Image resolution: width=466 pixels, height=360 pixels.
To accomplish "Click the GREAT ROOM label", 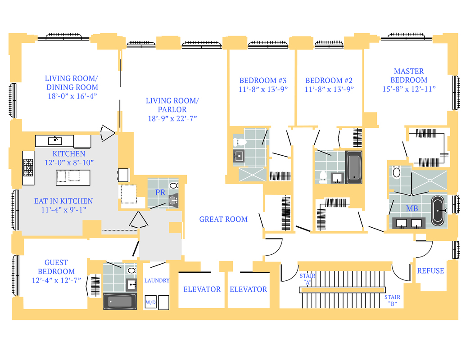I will click(x=223, y=220).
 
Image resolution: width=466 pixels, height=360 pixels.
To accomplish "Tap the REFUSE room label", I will click(x=430, y=271).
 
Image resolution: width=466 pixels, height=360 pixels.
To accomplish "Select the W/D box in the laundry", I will click(x=150, y=303).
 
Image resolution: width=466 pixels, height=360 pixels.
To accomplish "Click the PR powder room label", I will click(x=160, y=193).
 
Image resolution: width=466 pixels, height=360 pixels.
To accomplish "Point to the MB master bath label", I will click(x=412, y=209).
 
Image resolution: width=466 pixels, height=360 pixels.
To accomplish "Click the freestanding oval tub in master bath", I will click(x=437, y=210).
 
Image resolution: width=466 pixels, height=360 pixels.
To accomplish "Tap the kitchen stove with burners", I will click(x=29, y=168).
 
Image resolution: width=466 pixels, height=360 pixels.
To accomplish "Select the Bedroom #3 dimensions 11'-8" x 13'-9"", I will click(x=263, y=89).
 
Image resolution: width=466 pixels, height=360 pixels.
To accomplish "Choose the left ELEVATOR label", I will click(x=202, y=289).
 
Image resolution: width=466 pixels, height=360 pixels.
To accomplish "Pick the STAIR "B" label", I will click(x=392, y=300).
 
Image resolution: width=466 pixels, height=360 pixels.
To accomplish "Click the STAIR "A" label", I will click(x=307, y=279).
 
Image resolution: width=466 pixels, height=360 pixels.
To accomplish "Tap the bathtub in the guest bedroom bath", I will click(x=120, y=301).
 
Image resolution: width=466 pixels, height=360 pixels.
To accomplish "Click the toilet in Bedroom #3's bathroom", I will click(x=239, y=142).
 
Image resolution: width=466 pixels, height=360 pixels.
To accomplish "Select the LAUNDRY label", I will click(x=157, y=280).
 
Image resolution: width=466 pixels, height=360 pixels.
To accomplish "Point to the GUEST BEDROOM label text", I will click(x=56, y=267).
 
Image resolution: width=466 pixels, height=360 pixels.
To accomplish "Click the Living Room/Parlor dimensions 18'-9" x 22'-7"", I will click(x=172, y=118).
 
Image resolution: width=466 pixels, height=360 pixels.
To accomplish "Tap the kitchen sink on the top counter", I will click(x=55, y=140).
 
